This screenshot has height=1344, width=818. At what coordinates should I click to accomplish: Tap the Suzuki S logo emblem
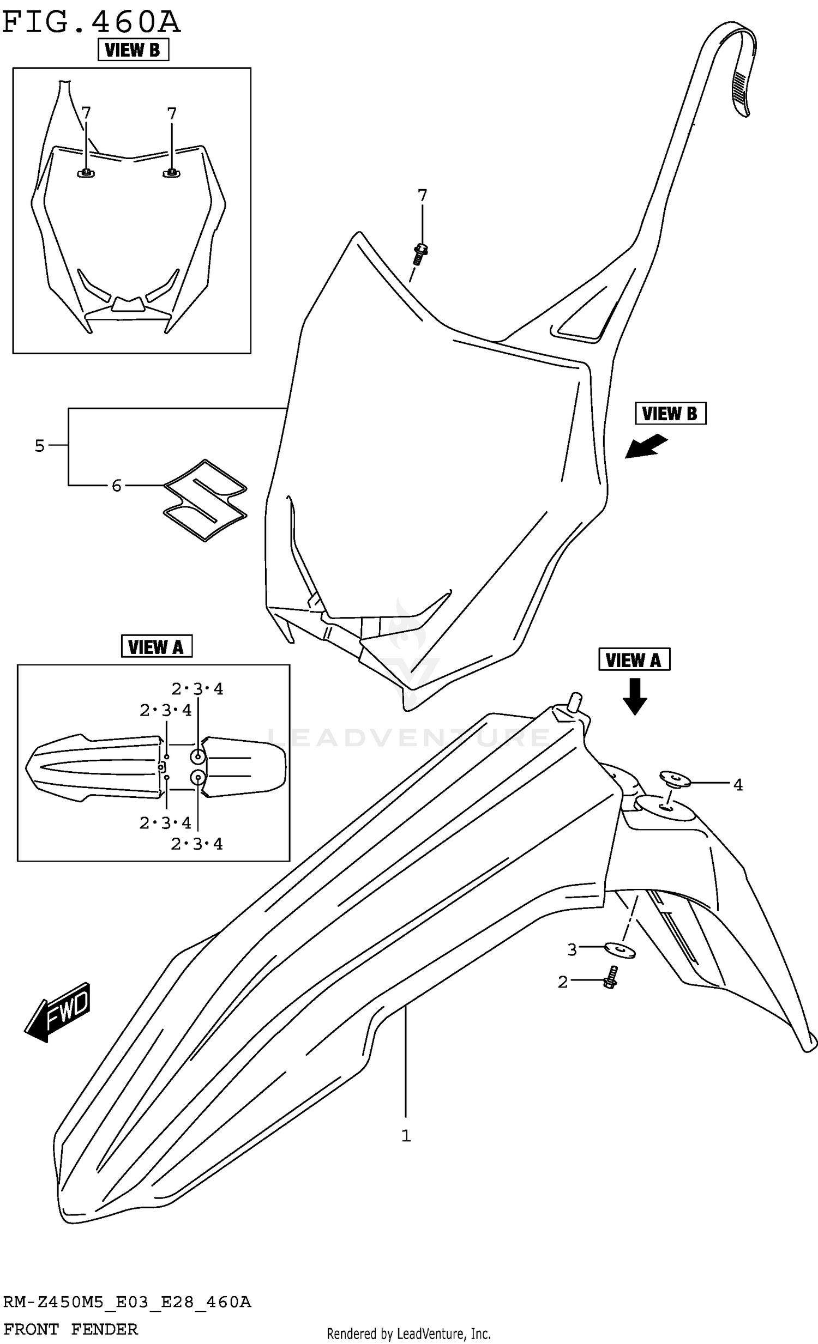pos(205,500)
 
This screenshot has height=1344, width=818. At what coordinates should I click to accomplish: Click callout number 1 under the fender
pos(406,1136)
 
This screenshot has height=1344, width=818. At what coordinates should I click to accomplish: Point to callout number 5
pos(39,446)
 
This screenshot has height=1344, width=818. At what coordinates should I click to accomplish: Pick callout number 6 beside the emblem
pos(116,485)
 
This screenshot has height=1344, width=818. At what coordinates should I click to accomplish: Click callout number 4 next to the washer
pos(738,784)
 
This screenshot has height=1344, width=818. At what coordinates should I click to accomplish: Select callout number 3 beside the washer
pos(572,949)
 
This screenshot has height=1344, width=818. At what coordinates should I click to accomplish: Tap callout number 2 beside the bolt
pos(563,982)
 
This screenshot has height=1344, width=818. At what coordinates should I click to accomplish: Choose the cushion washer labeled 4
pos(675,778)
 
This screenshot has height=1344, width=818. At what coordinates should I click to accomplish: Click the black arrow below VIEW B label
pos(646,445)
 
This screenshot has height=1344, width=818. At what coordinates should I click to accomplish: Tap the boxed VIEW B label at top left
pos(133,50)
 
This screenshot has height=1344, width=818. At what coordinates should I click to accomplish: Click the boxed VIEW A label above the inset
pos(156,647)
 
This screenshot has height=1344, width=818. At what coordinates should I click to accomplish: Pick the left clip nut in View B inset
pos(86,173)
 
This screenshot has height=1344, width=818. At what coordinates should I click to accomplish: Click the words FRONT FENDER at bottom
pos(70,1329)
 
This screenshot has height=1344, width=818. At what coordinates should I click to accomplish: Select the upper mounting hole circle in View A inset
pos(197,756)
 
